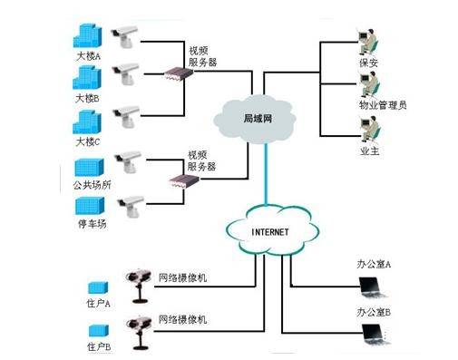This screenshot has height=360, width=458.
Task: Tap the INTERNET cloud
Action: click(x=268, y=232)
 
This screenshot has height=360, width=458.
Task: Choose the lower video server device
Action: click(x=184, y=184)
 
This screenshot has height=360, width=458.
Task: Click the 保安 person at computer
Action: click(x=368, y=47)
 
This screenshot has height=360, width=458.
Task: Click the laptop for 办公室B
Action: click(x=374, y=336)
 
